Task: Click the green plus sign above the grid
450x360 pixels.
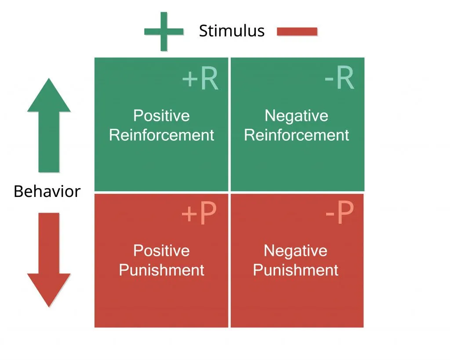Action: (163, 31)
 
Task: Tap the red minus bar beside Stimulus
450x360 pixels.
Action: (297, 31)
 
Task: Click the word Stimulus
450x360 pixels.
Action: (232, 31)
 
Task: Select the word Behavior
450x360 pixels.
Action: (47, 192)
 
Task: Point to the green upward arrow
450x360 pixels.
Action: (48, 127)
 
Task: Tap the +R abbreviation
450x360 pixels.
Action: (200, 79)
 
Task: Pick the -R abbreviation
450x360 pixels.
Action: (339, 79)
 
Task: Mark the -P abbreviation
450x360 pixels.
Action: (339, 214)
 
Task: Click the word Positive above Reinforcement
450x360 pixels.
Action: (161, 116)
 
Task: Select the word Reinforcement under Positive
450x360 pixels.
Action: (161, 135)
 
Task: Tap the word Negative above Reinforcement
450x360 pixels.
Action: (296, 116)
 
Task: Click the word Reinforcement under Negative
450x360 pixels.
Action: (297, 135)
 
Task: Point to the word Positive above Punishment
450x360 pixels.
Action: (161, 251)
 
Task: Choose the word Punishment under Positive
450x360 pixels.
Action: (161, 270)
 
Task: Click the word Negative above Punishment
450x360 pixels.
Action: (295, 251)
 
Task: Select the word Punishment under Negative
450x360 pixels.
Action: (296, 270)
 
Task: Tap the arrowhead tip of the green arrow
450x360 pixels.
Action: (48, 80)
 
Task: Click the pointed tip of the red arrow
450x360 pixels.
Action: (48, 305)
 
